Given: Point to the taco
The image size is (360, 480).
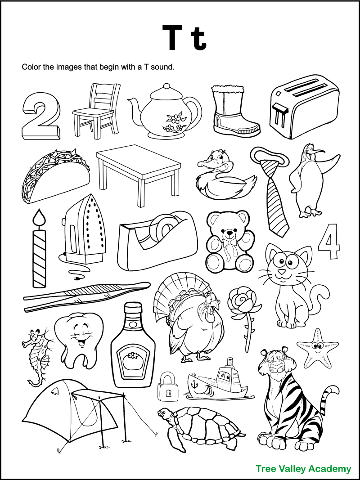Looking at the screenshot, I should point(54,175).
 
